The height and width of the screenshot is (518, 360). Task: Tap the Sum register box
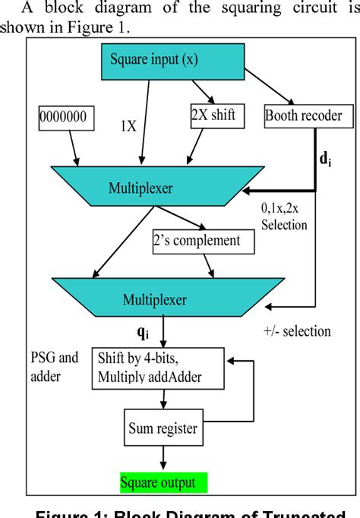(161, 429)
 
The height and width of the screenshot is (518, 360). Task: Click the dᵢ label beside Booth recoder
(324, 161)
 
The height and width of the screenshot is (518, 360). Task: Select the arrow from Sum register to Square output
(161, 457)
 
